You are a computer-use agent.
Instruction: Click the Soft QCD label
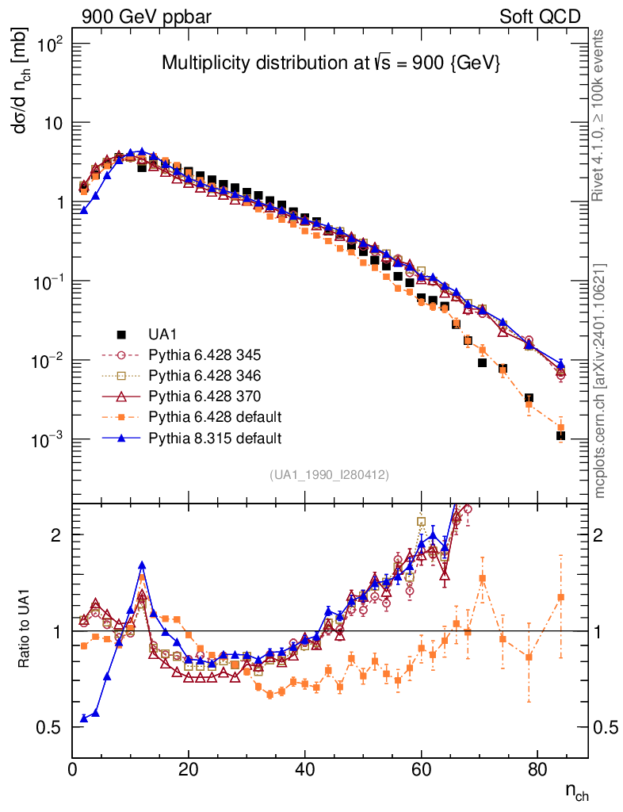pyautogui.click(x=540, y=16)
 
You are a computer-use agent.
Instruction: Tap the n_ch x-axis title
pyautogui.click(x=576, y=791)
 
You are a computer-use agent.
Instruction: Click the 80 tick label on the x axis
pyautogui.click(x=537, y=768)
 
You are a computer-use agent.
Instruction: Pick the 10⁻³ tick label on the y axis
pyautogui.click(x=48, y=440)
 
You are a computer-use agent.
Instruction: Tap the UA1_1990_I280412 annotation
pyautogui.click(x=329, y=474)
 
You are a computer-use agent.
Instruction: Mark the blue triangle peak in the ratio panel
pyautogui.click(x=142, y=565)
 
